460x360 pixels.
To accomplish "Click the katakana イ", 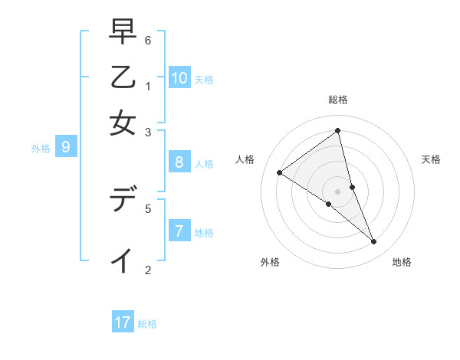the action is pyautogui.click(x=123, y=260).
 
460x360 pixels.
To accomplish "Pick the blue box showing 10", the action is pyautogui.click(x=179, y=77).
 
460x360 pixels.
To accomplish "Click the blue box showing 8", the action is pyautogui.click(x=179, y=162).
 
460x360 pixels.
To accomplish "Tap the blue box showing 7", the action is pyautogui.click(x=179, y=231).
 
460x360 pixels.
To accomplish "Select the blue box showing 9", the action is pyautogui.click(x=65, y=146).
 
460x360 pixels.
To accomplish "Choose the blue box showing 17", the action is pyautogui.click(x=123, y=322).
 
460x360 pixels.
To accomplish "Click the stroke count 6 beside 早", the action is pyautogui.click(x=147, y=40).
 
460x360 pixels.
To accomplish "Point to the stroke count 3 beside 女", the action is pyautogui.click(x=147, y=132).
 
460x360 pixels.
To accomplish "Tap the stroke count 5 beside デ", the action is pyautogui.click(x=147, y=208).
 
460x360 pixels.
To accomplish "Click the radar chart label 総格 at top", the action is pyautogui.click(x=337, y=100).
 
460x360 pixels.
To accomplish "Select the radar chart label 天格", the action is pyautogui.click(x=431, y=159).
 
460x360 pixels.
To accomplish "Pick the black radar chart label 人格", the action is pyautogui.click(x=245, y=159).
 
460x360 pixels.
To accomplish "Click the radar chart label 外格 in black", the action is pyautogui.click(x=270, y=262).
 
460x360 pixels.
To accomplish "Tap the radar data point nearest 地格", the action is pyautogui.click(x=374, y=242).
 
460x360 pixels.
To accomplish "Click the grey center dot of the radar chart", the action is pyautogui.click(x=337, y=191).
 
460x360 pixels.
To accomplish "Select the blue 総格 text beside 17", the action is pyautogui.click(x=147, y=324).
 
